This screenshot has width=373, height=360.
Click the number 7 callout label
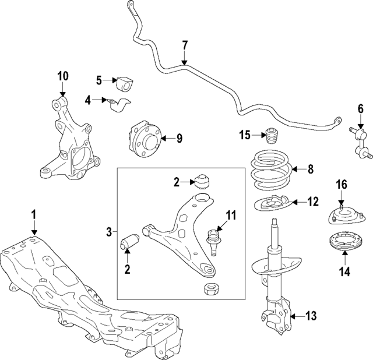185,45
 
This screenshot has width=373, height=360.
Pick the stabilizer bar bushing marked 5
125,84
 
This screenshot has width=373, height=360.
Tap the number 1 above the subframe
34,215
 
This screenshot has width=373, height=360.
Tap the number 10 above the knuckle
62,75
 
